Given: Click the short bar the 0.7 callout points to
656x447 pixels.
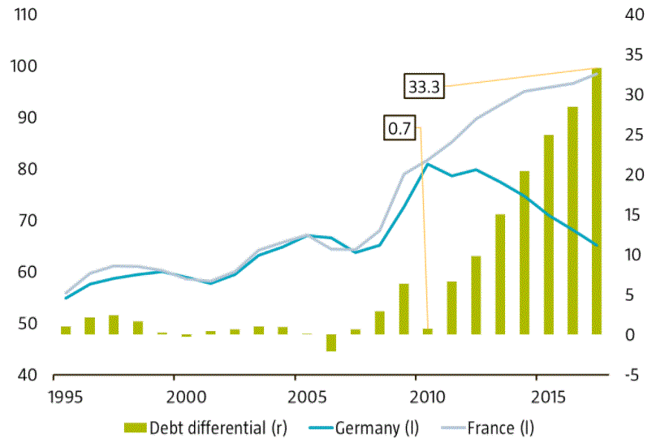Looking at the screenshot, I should click(428, 331).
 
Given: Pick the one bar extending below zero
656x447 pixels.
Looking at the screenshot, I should click(331, 342).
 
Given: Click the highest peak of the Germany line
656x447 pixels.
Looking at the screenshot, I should click(428, 164).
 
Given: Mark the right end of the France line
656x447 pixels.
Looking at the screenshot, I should click(597, 74).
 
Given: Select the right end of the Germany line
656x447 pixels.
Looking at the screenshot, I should click(597, 245).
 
